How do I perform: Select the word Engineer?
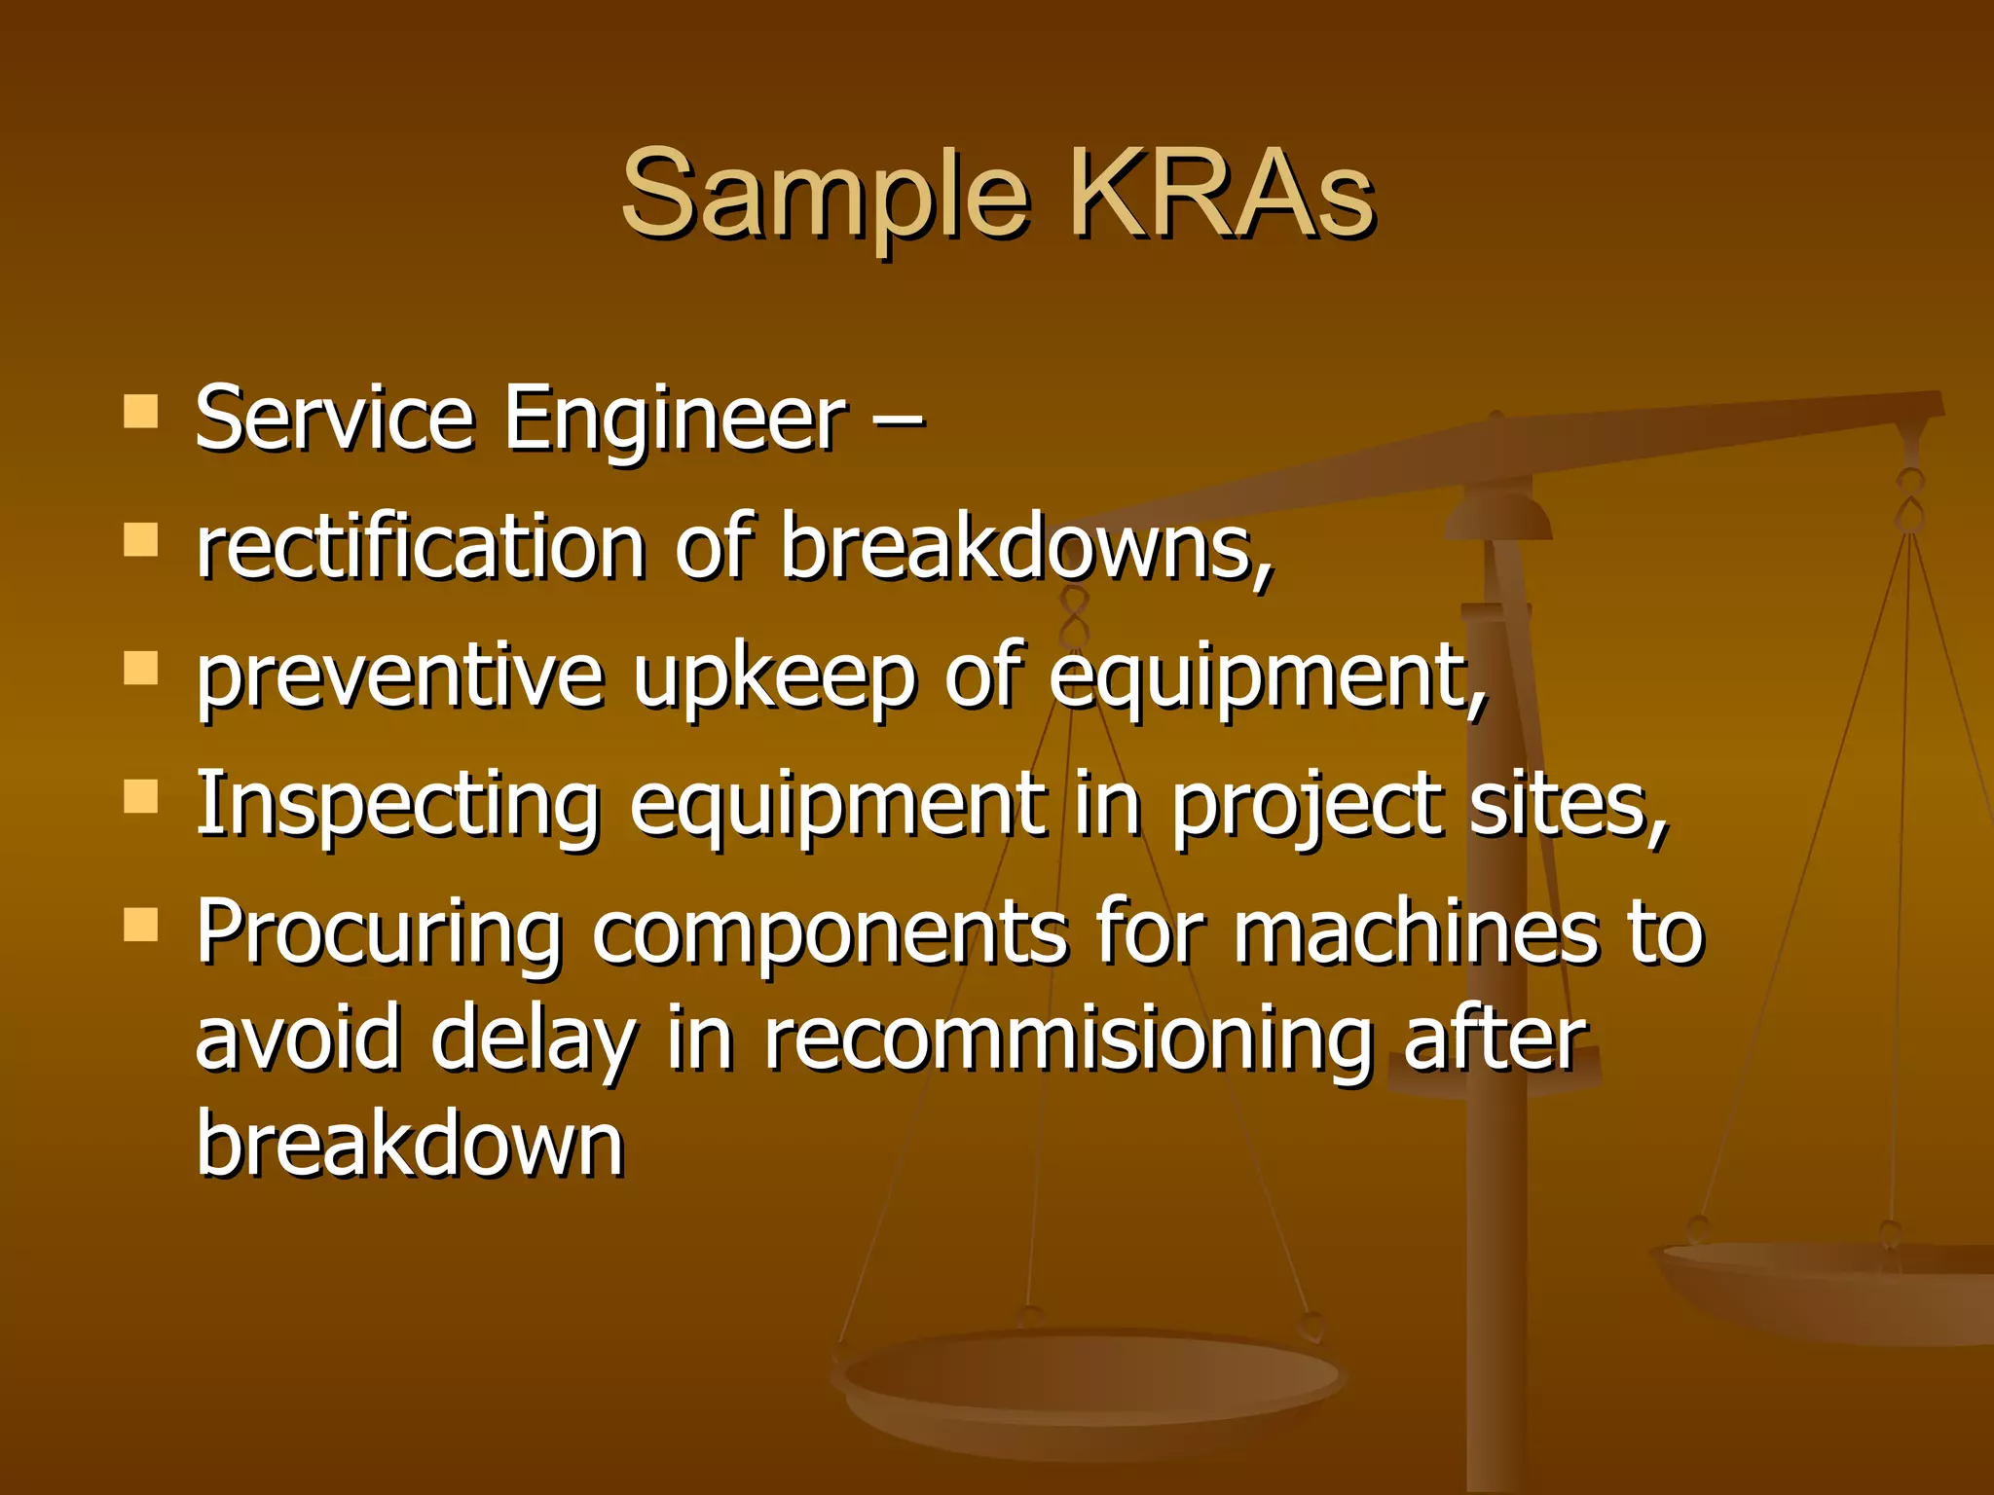coord(676,420)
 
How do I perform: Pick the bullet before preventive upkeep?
coord(141,669)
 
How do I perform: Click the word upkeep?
coord(774,678)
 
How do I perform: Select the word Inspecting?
coord(397,806)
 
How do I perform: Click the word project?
coord(1306,806)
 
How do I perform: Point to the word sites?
coord(1569,806)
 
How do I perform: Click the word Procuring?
coord(380,933)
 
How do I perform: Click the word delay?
coord(534,1040)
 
